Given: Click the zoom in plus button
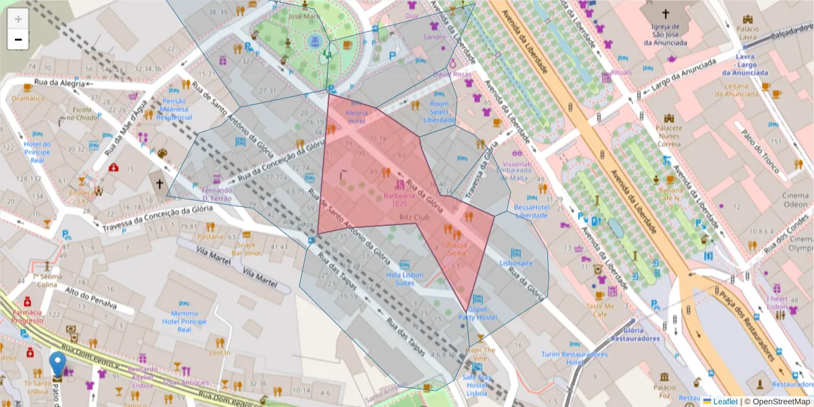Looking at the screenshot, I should pos(18,19).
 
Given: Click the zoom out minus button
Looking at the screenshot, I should pos(18,39).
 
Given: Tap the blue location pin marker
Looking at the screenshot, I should pos(59,364).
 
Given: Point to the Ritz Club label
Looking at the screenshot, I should pos(414,218).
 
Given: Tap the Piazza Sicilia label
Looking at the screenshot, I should pos(455,248).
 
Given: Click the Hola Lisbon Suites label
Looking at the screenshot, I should pos(404,279).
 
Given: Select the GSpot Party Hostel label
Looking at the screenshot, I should pos(478,313).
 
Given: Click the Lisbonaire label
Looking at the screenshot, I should pos(516,263).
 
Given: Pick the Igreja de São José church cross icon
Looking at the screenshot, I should pos(665,14).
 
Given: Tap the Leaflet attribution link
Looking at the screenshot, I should pos(724,402).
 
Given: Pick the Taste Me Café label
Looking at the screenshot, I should pos(600,310).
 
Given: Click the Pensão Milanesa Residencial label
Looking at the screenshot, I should pos(174,109).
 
